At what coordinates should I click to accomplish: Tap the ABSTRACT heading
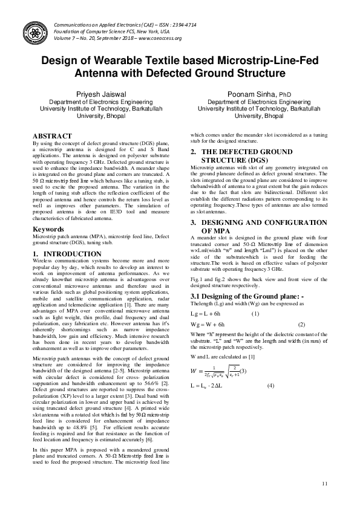pos(52,136)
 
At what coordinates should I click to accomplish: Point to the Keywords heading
pos(48,230)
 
